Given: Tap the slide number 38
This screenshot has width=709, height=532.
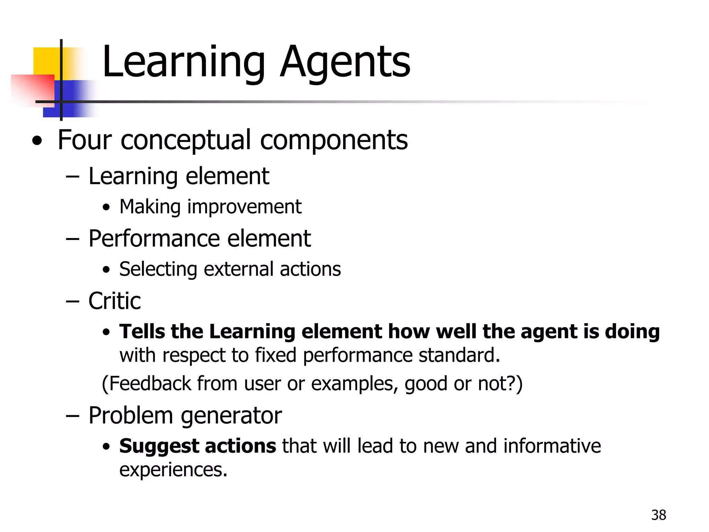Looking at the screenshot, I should click(x=658, y=515).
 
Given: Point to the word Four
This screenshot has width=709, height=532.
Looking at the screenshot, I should click(x=84, y=140).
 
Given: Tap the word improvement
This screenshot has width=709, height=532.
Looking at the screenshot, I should click(x=244, y=207).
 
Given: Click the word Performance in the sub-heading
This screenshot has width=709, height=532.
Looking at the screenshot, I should click(x=154, y=239).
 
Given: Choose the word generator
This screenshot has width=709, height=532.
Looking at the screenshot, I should click(x=231, y=416).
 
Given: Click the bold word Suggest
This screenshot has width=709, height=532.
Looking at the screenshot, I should click(x=159, y=446).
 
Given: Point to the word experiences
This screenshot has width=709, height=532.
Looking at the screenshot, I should click(x=173, y=470).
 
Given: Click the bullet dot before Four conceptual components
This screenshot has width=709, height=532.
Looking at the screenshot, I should click(x=37, y=141).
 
